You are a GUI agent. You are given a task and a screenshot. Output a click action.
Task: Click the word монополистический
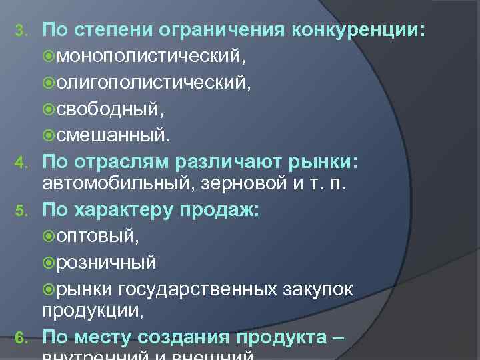(x=150, y=57)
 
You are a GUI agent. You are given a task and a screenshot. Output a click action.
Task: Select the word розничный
(x=107, y=263)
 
